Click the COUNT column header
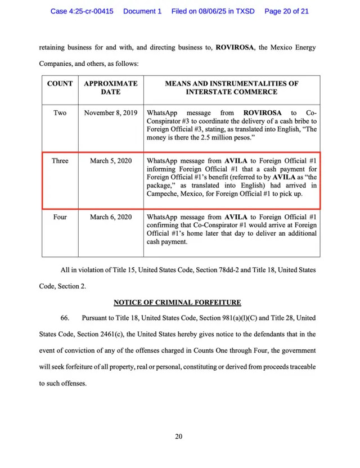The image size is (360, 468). (x=60, y=83)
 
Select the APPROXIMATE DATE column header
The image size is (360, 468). (x=111, y=87)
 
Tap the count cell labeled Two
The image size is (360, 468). (x=60, y=112)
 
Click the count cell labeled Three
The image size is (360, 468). (x=60, y=160)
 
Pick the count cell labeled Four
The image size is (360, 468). (x=60, y=217)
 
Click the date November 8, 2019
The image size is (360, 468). (x=111, y=112)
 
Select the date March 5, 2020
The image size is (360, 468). (x=111, y=160)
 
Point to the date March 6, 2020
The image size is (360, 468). (x=111, y=217)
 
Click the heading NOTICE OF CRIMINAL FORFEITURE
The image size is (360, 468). (x=177, y=303)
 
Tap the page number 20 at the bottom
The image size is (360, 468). (x=178, y=436)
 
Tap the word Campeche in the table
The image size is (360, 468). (x=164, y=193)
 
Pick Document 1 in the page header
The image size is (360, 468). (x=142, y=11)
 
